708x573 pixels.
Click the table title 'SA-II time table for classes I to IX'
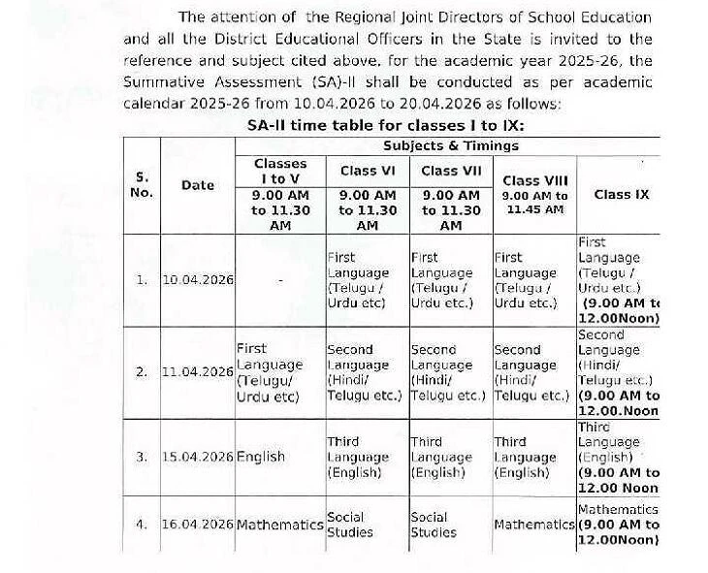coord(385,126)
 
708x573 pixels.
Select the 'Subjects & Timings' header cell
coord(451,145)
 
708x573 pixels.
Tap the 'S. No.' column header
coord(142,184)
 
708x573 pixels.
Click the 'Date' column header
coord(198,185)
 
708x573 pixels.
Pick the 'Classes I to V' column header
coord(280,172)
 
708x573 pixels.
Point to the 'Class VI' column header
coord(367,171)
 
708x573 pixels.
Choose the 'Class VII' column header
coord(451,171)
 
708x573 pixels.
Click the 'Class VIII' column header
coord(535,180)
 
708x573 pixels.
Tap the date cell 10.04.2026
coord(198,280)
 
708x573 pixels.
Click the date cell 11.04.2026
coord(198,371)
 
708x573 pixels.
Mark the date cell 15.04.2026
coord(198,457)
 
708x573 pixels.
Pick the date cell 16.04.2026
coord(198,525)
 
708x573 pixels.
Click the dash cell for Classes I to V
coord(280,280)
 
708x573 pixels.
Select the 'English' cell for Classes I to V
coord(261,457)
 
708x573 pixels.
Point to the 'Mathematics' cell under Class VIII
coord(534,525)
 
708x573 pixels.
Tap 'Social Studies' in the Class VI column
coord(350,525)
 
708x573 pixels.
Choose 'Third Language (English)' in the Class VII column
coord(441,457)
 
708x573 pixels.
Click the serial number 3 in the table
coord(142,457)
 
